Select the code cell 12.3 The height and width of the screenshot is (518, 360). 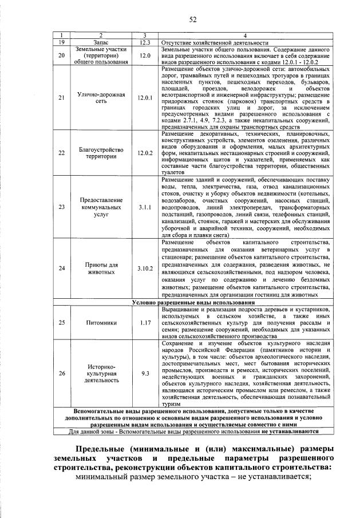tap(145, 42)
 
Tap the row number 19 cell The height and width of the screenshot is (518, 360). tap(62, 42)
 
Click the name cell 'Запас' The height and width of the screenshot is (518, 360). tap(101, 42)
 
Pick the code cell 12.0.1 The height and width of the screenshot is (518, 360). tap(145, 98)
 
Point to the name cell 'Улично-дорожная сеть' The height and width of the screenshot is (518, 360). tap(101, 98)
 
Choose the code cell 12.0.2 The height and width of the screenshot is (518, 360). tap(145, 153)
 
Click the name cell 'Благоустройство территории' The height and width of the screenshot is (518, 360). tap(101, 153)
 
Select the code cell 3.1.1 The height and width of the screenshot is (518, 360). tap(145, 208)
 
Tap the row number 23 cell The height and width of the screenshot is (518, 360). tap(62, 208)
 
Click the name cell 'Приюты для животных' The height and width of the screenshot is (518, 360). tap(101, 268)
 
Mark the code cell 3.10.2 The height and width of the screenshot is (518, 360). tap(145, 268)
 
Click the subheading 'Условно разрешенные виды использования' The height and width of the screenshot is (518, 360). tap(193, 302)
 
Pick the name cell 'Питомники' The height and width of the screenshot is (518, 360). tap(101, 322)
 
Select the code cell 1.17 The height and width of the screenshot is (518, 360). tap(145, 322)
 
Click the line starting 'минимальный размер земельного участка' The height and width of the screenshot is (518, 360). tap(195, 479)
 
